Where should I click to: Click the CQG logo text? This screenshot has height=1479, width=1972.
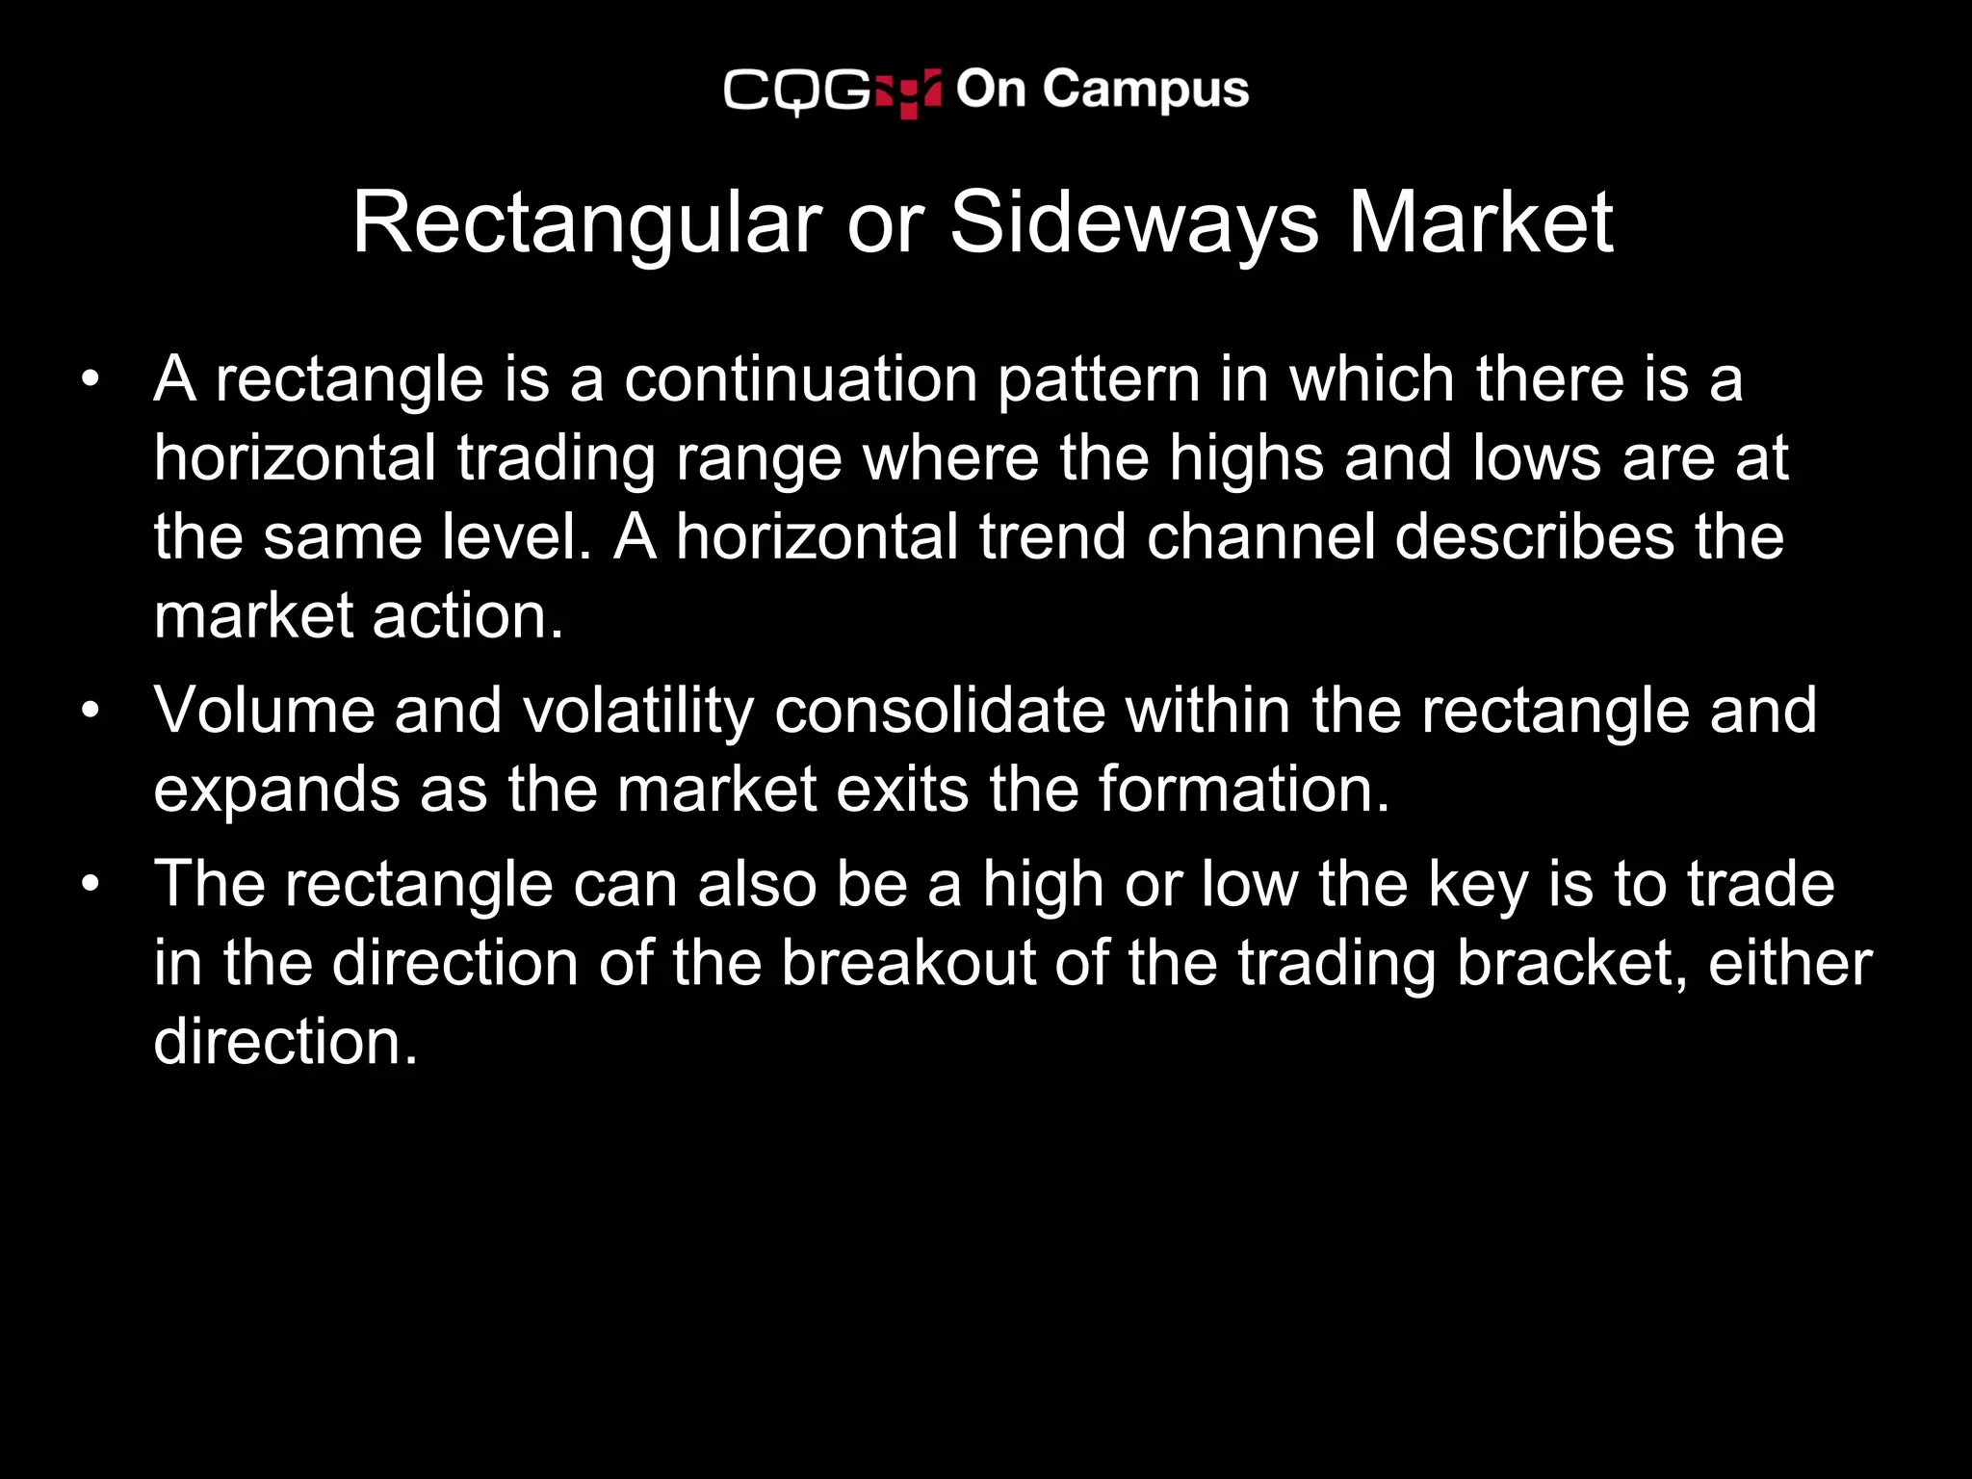pyautogui.click(x=797, y=91)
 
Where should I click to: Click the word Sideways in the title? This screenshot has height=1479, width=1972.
pyautogui.click(x=1133, y=223)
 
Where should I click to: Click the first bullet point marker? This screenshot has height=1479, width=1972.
pyautogui.click(x=91, y=378)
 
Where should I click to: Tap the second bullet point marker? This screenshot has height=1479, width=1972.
pyautogui.click(x=91, y=711)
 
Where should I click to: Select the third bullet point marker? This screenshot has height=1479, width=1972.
pyautogui.click(x=91, y=884)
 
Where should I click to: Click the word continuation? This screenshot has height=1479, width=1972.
pyautogui.click(x=800, y=379)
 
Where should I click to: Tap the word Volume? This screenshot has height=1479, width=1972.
pyautogui.click(x=264, y=711)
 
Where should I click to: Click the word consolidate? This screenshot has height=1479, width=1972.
pyautogui.click(x=940, y=711)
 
